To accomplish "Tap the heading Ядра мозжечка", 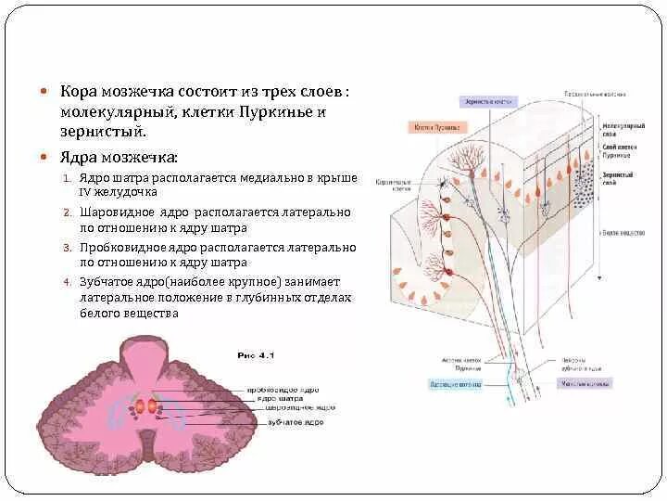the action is click(x=115, y=156).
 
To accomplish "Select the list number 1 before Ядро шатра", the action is click(x=67, y=177).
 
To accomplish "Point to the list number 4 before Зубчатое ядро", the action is click(x=67, y=282).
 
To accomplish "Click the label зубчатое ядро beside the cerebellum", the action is click(x=294, y=422).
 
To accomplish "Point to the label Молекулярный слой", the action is click(x=617, y=128).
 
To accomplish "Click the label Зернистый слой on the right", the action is click(x=617, y=178).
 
